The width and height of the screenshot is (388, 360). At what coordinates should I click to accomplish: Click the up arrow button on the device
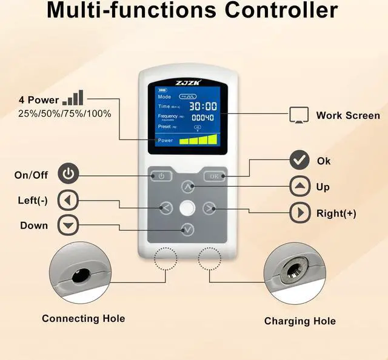188,186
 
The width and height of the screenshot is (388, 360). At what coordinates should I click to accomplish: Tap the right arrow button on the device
209,208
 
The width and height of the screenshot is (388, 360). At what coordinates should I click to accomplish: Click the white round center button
187,208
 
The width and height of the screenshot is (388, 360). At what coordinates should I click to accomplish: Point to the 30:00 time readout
204,105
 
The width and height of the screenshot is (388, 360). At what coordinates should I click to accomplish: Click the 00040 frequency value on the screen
203,117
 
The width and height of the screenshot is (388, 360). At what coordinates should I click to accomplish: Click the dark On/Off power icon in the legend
69,175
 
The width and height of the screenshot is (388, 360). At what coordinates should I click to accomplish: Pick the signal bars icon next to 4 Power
75,98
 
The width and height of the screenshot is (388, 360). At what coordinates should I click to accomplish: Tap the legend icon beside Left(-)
68,200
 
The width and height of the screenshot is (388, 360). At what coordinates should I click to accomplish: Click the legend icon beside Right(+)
299,213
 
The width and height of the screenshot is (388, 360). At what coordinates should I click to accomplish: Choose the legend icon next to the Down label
68,225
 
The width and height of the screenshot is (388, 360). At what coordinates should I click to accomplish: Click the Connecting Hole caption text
83,318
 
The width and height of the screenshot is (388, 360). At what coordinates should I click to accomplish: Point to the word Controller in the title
276,10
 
